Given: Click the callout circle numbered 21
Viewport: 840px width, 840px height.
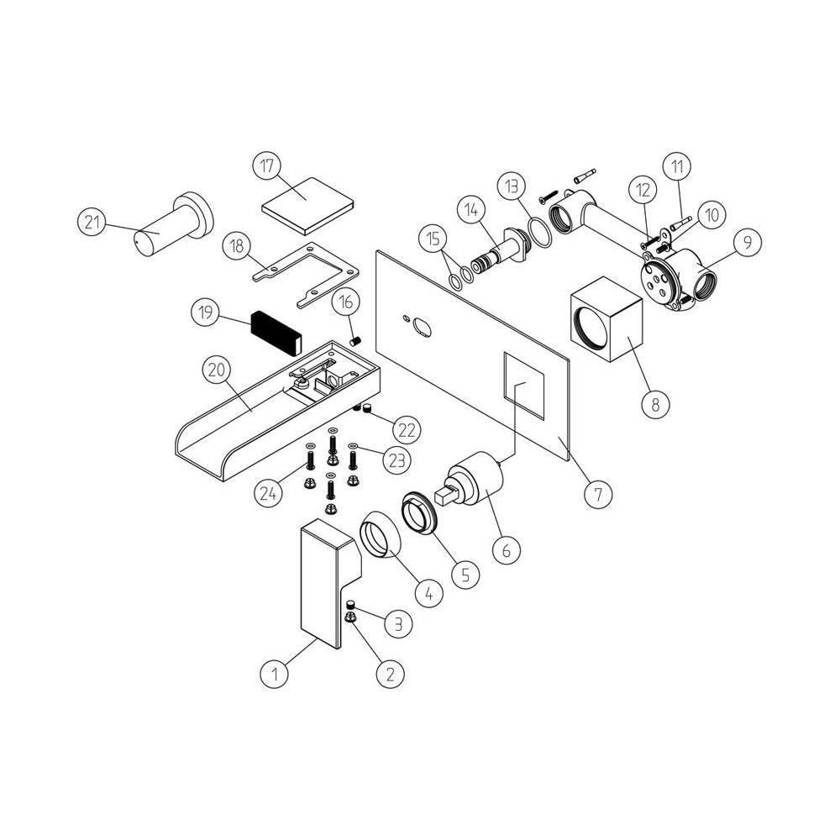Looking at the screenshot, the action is pos(92,221).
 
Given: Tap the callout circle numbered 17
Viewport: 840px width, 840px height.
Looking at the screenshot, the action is pos(267,166).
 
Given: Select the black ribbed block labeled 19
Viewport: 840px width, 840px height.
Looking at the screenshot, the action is pos(276,333).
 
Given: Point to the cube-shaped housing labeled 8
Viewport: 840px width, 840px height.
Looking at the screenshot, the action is pos(606,319).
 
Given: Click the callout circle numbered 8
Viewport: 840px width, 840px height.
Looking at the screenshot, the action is pos(656,404).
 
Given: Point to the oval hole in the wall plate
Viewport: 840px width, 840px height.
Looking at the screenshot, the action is pos(423,327).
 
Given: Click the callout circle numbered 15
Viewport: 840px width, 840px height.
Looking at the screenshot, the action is pos(433,239).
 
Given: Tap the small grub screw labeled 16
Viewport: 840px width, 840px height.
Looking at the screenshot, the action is pos(355,341).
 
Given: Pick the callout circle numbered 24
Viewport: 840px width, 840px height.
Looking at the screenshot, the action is pos(268,493).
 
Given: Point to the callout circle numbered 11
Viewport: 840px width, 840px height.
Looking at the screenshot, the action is pos(678,166).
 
